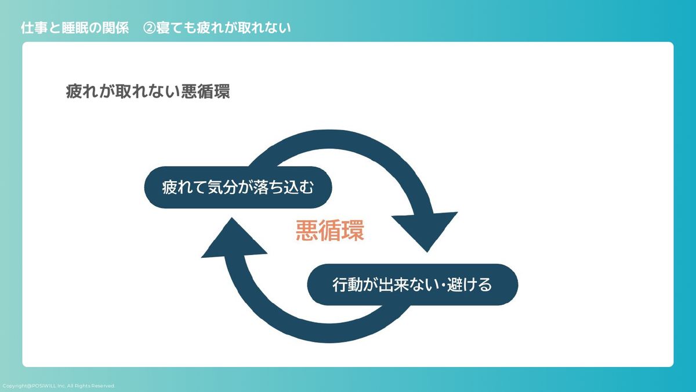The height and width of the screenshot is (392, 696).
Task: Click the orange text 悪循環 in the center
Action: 329,231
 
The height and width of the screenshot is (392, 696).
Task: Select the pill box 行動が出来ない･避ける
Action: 412,285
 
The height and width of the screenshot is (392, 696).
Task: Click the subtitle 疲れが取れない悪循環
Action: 148,92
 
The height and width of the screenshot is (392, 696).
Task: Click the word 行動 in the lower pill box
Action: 346,285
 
